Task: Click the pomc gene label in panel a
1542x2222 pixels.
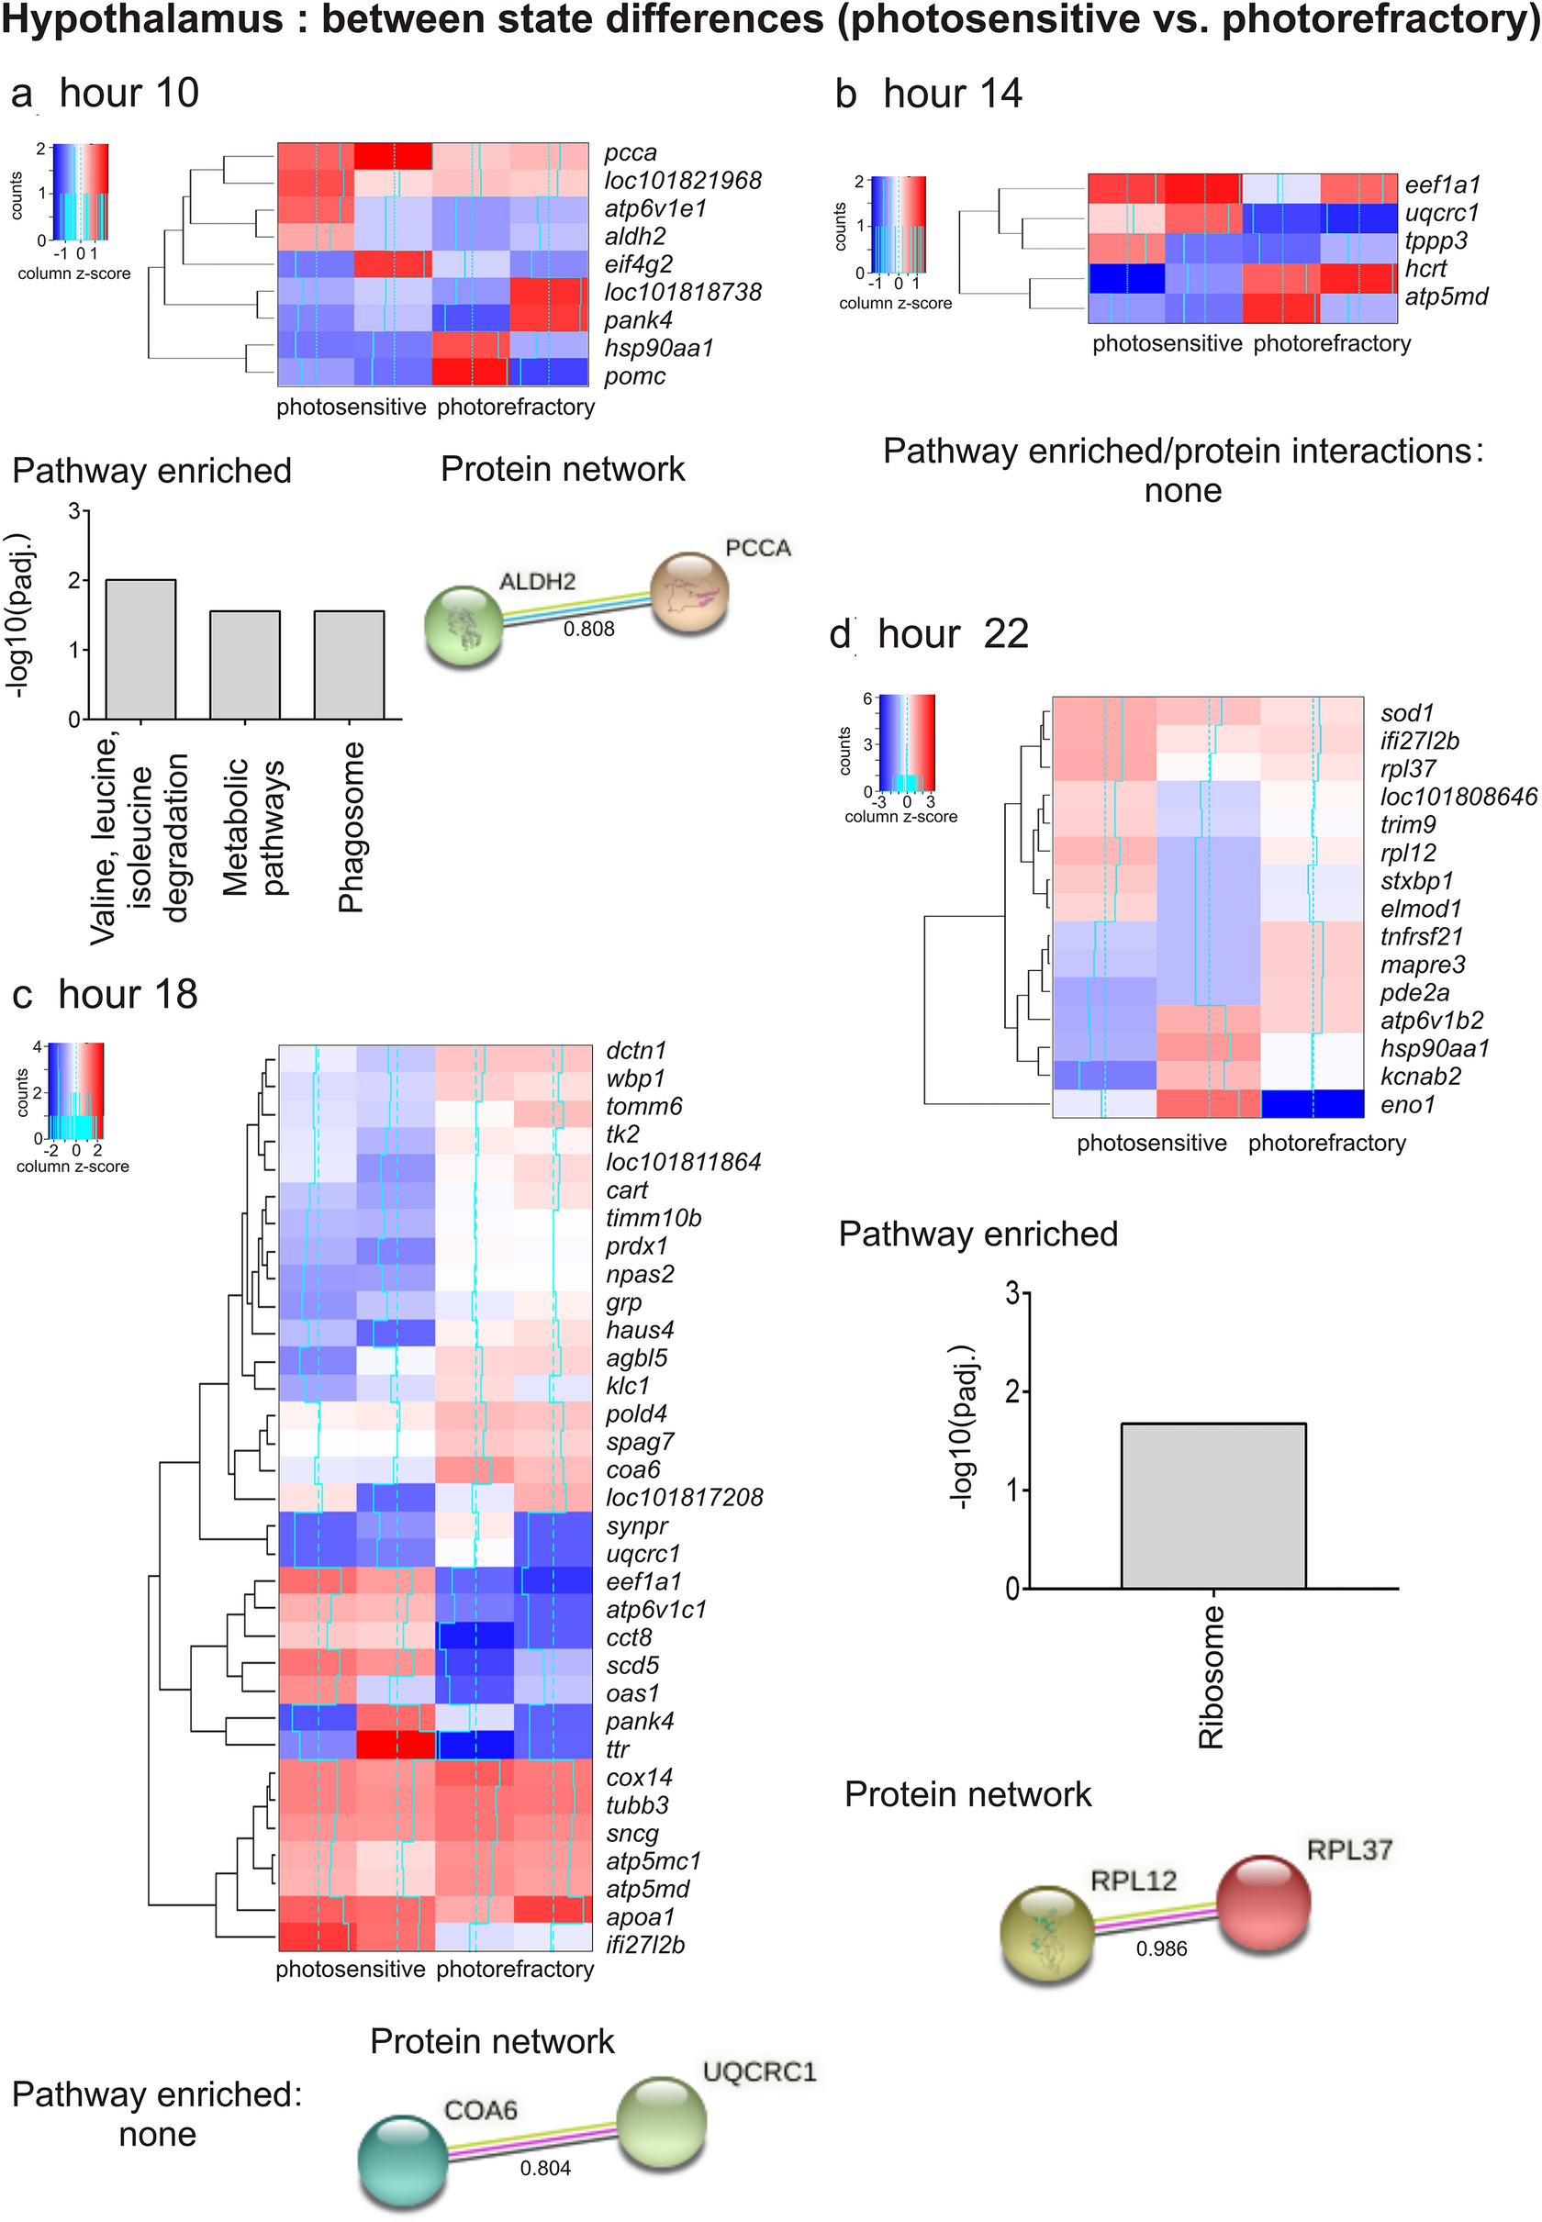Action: click(634, 377)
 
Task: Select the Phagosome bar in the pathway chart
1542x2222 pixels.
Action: click(349, 665)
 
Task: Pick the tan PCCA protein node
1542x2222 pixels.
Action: click(687, 591)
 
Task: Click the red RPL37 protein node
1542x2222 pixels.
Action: click(1263, 1903)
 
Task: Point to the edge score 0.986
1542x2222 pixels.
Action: click(1160, 1948)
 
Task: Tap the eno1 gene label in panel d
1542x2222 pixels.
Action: click(1407, 1104)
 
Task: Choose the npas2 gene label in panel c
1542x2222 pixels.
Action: click(640, 1274)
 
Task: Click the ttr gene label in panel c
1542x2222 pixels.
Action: click(618, 1749)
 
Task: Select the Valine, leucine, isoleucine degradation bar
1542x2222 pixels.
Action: click(141, 650)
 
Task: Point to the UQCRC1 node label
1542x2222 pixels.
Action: click(759, 2071)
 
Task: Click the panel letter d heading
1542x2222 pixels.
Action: click(840, 635)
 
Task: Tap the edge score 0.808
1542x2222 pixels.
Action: click(588, 629)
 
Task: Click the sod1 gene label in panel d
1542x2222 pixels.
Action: click(1407, 713)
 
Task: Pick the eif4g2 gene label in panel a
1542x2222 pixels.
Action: click(638, 263)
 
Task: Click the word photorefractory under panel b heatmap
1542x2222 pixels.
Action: click(1332, 344)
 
